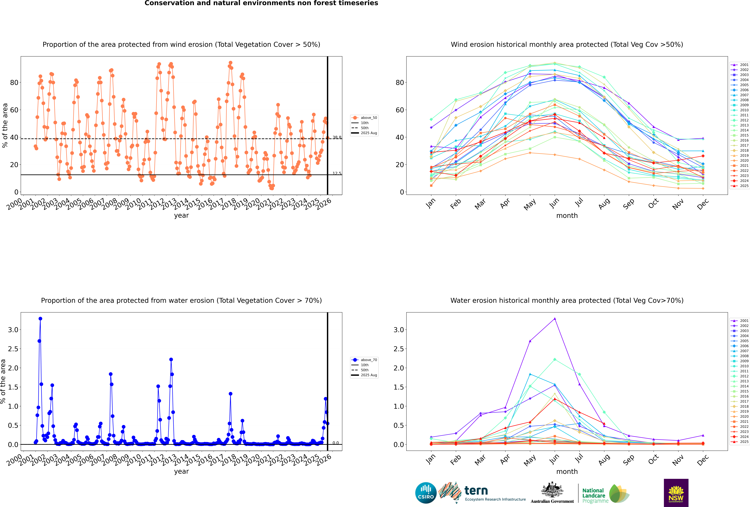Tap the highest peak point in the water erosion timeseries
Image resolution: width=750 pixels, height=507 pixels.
click(40, 318)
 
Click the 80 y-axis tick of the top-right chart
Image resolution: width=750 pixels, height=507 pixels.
click(400, 83)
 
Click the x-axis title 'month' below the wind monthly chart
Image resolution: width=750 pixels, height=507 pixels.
click(567, 216)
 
